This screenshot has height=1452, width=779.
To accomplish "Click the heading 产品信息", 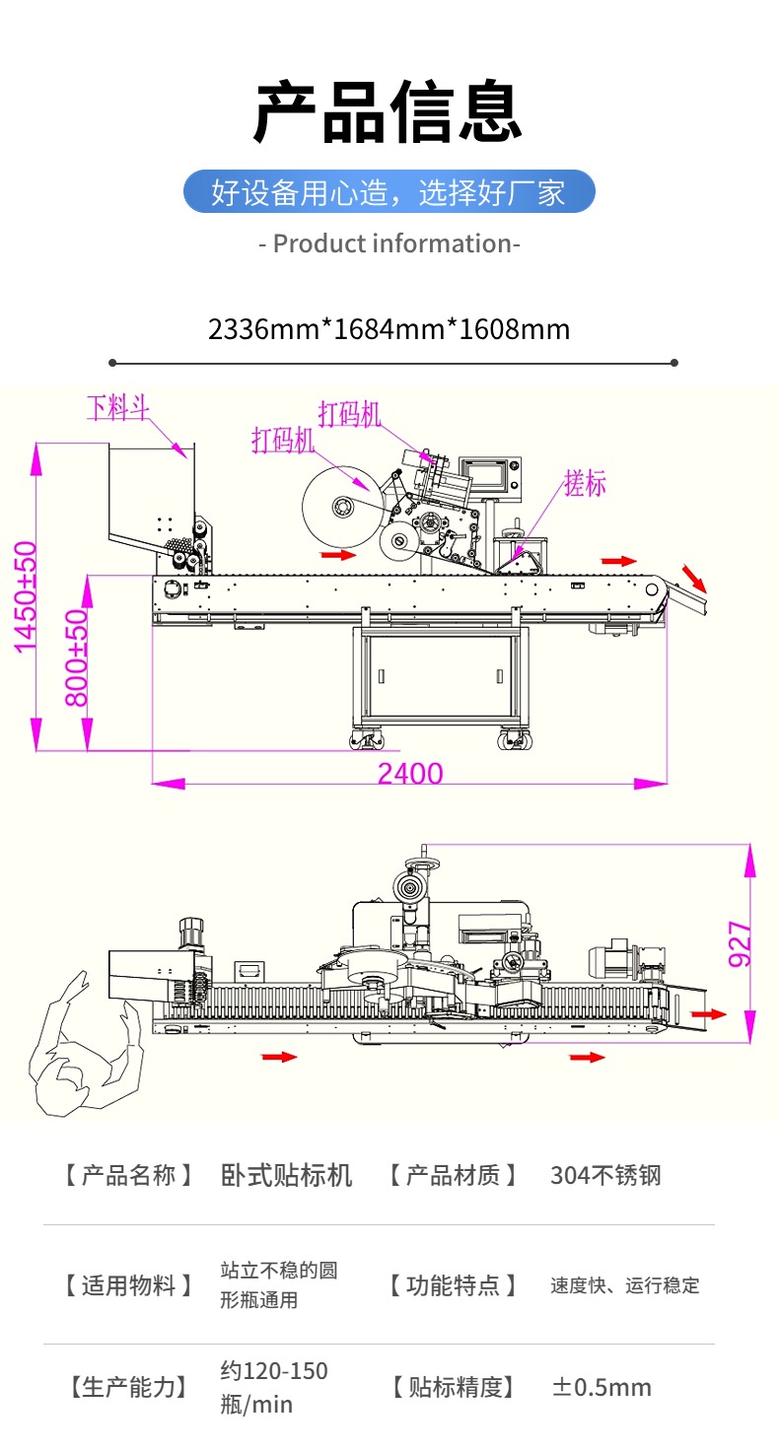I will tap(389, 113).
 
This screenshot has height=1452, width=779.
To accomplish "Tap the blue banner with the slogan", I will tap(389, 191).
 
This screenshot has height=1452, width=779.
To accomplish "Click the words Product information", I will tap(389, 243).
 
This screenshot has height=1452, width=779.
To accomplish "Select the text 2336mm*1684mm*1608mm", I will tap(389, 328).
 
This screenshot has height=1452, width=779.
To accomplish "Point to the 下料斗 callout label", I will tap(117, 407).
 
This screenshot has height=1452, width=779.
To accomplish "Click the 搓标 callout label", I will tap(585, 483).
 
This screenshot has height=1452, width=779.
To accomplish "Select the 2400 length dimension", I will tap(410, 774).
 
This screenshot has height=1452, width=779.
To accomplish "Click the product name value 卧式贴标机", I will tap(286, 1175).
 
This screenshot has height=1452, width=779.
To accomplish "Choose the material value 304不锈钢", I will tap(605, 1175).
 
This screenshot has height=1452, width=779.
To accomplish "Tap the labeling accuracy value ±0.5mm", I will tap(602, 1388).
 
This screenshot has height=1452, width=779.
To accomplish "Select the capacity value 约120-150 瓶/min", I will tap(274, 1387).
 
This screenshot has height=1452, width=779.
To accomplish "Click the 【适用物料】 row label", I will tap(128, 1285).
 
